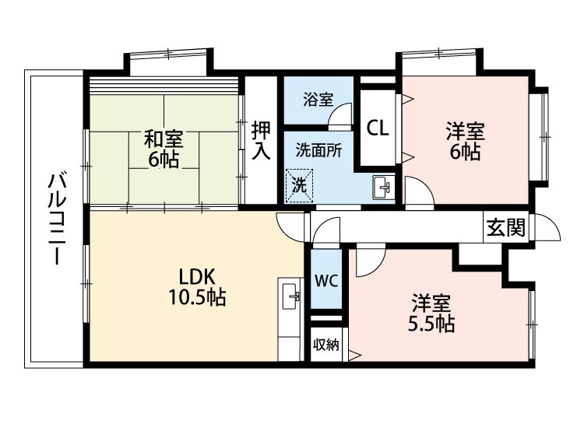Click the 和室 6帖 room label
point(164,149)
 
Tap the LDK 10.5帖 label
point(197,287)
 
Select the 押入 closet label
point(261,140)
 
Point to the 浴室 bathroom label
point(318,100)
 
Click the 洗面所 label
point(318,150)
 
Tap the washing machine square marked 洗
point(299,186)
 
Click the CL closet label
point(378,128)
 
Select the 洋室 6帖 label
point(465,142)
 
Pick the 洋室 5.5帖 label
point(431,313)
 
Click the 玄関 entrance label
point(507,227)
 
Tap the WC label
point(326,281)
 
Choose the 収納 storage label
point(326,345)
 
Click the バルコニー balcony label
point(58,219)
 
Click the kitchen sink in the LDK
point(291,296)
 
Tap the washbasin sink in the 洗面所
point(382,188)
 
